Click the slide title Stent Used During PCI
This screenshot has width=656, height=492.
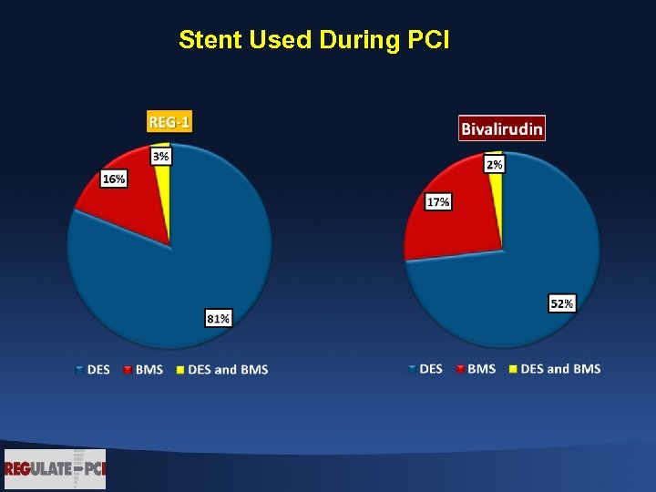(313, 40)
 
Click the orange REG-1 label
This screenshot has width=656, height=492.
(169, 121)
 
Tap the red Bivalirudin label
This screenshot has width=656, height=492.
(502, 128)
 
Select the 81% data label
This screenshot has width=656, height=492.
(219, 318)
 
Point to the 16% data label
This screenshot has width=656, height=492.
(114, 179)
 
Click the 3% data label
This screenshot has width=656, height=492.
(160, 157)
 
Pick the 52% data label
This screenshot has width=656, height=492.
(561, 302)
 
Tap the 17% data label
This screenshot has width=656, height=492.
(438, 201)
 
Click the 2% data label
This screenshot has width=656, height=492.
(495, 164)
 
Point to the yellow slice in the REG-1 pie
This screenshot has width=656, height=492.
(165, 182)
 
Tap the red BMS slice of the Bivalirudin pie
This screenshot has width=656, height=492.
(456, 228)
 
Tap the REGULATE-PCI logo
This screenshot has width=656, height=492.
(55, 469)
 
